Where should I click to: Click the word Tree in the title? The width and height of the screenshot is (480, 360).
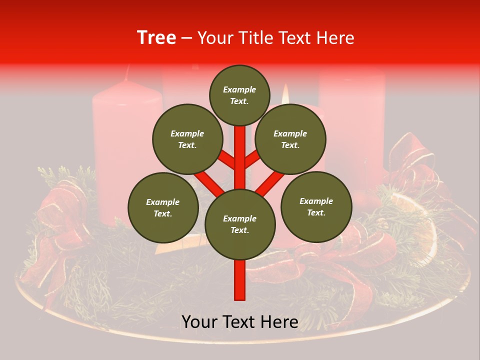click(x=156, y=37)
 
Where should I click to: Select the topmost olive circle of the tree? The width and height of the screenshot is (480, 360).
click(x=239, y=95)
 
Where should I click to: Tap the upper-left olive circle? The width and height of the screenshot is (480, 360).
click(x=187, y=139)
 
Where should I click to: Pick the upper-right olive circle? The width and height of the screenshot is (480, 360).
click(x=290, y=139)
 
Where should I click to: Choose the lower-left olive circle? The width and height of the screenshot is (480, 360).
click(x=163, y=207)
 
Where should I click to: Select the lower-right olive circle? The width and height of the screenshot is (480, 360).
click(x=316, y=206)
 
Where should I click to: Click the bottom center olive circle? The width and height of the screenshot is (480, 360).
click(x=240, y=224)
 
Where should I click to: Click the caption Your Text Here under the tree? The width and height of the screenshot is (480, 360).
click(x=240, y=322)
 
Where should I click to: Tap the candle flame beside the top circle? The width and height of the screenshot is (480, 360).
click(x=285, y=93)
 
